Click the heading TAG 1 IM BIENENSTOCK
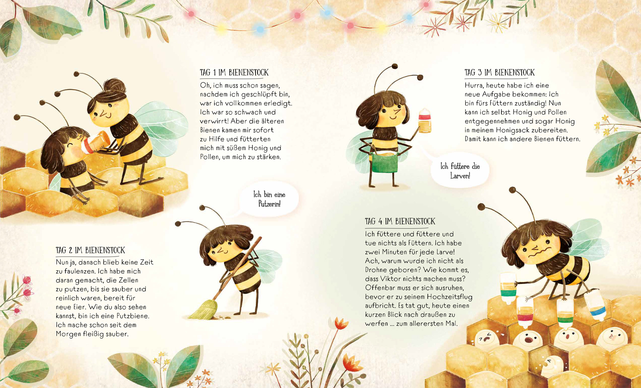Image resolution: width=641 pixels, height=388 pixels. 234,73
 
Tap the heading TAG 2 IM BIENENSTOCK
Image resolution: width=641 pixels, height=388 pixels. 90,250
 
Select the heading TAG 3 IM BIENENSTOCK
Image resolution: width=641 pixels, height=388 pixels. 499,73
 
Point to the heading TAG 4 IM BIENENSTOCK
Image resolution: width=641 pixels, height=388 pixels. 400,221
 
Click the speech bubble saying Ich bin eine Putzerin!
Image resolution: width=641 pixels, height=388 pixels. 269,199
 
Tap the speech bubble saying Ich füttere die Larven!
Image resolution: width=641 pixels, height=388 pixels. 460,171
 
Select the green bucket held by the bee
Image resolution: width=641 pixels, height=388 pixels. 385,163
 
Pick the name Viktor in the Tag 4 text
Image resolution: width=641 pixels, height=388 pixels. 390,278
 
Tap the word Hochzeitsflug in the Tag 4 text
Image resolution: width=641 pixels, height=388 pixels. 450,297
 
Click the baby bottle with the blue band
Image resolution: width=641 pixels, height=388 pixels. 595,304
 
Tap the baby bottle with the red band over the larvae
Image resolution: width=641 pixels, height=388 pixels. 525,312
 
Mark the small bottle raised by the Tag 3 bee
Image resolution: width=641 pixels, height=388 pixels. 425,121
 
